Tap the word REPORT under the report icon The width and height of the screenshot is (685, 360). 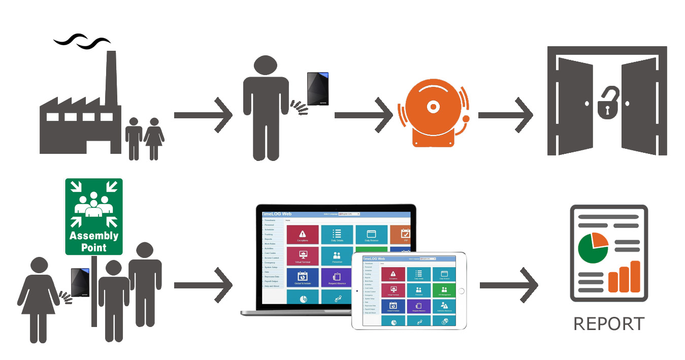(609, 324)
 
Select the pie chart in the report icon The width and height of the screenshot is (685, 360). (593, 248)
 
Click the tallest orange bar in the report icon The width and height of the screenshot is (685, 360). (634, 277)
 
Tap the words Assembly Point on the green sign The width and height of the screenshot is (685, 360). (94, 242)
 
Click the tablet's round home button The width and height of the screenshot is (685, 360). (461, 291)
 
